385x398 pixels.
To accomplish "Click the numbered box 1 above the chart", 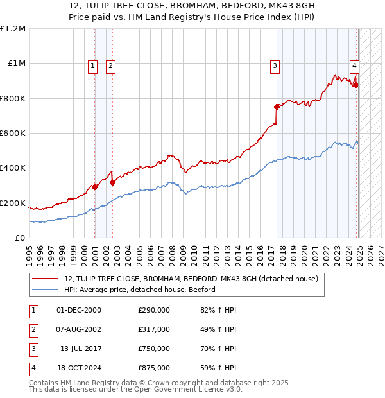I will [92, 65].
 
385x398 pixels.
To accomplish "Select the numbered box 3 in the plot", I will [275, 65].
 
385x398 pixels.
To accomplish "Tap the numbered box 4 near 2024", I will [354, 65].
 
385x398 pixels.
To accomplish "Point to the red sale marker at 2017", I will [277, 107].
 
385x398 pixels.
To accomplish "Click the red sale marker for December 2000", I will [94, 187].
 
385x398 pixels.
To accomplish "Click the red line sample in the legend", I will [45, 279].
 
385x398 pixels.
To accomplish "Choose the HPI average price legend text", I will [140, 290].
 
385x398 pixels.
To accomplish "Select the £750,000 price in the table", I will [154, 349].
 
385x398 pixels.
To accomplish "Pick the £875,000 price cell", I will [154, 368].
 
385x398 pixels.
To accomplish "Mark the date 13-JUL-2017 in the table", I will [80, 349].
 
